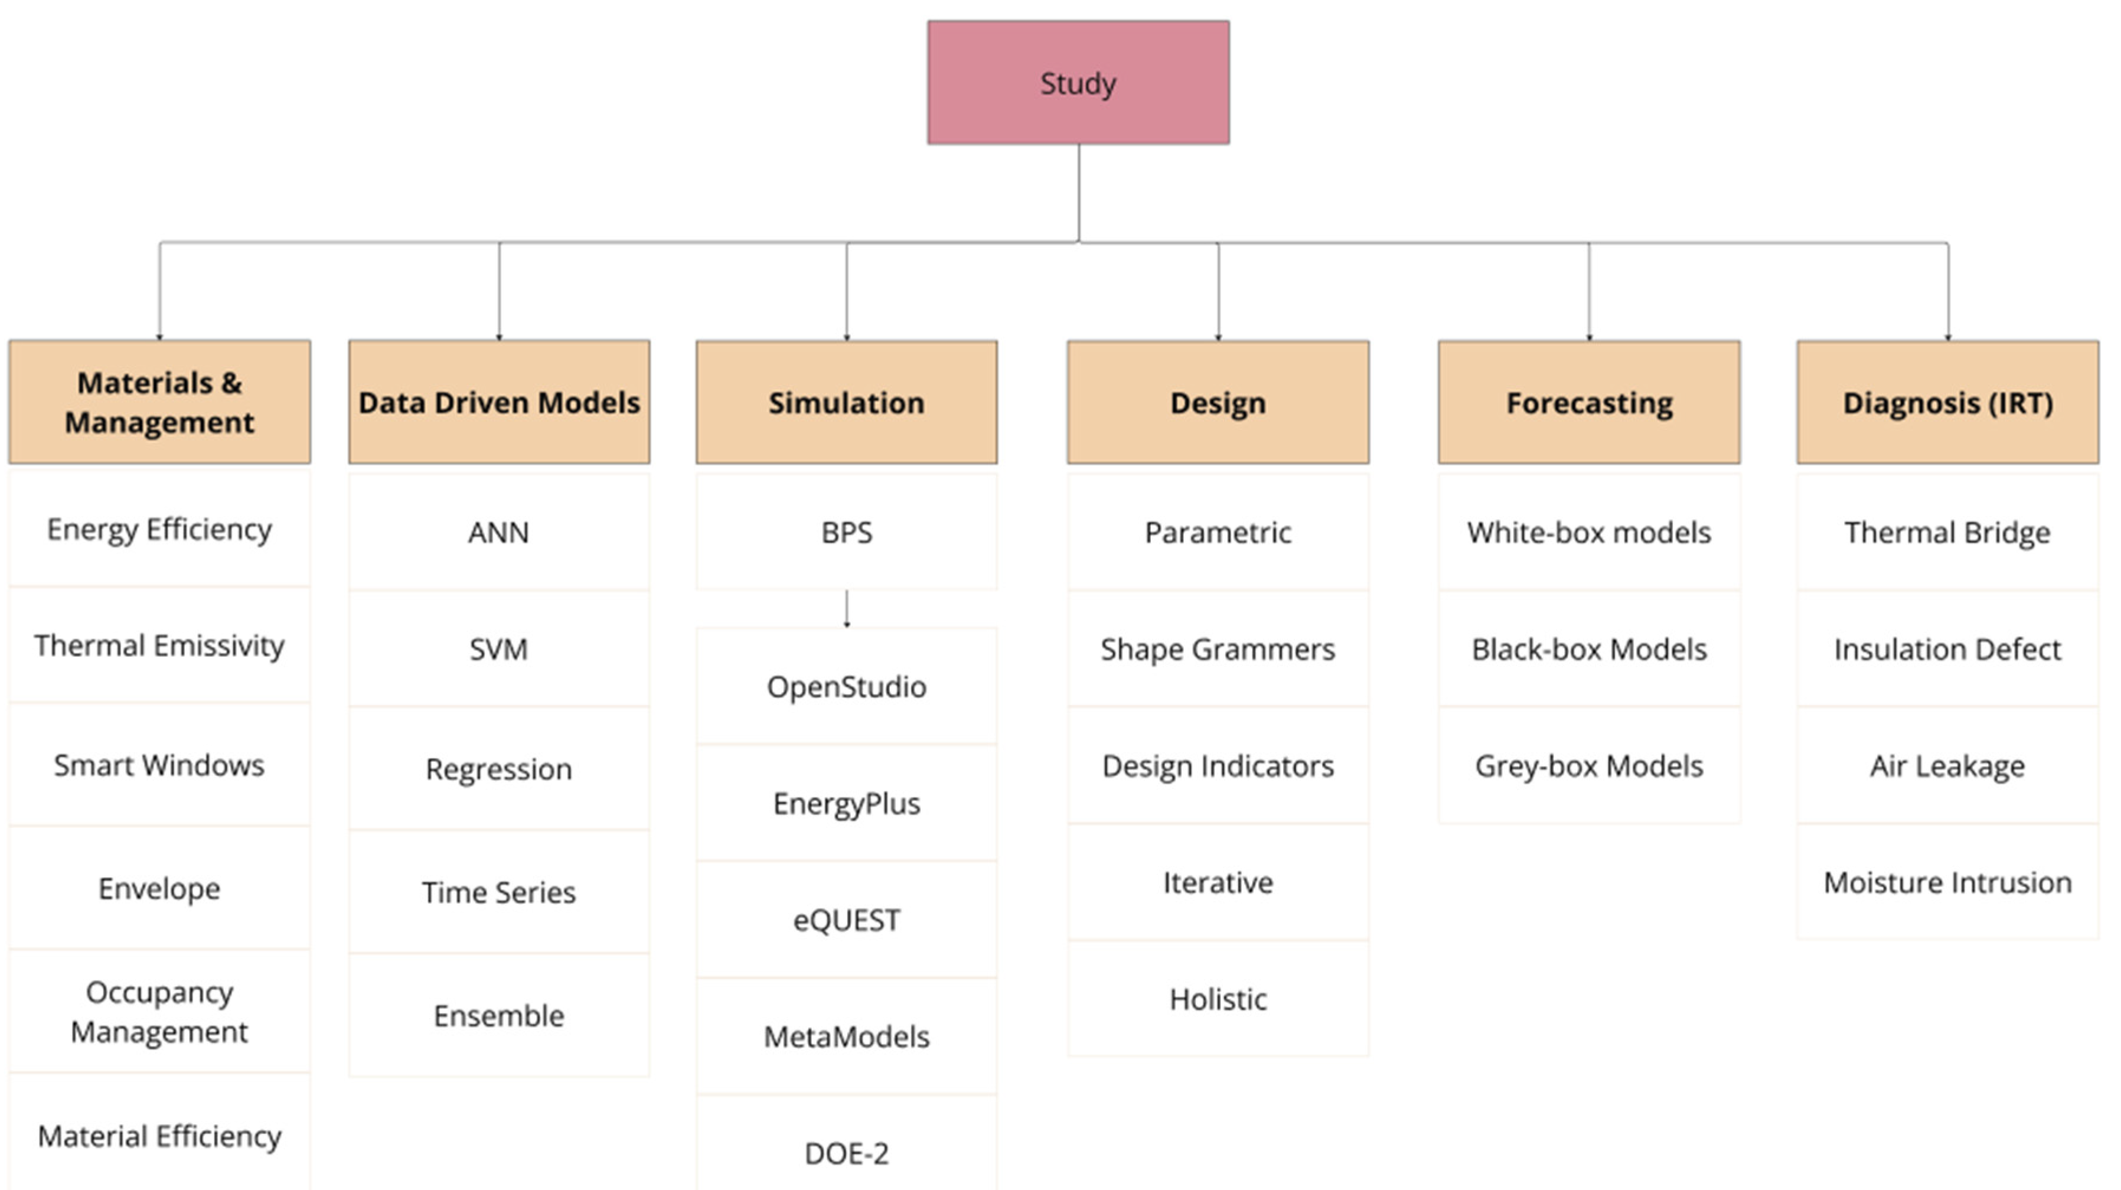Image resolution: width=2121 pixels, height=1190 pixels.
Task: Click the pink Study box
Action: click(1078, 82)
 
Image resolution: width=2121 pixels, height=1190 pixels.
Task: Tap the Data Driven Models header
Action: click(499, 402)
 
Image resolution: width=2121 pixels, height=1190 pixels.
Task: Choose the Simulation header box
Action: click(846, 402)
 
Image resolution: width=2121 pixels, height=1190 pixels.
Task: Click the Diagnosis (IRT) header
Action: click(1947, 402)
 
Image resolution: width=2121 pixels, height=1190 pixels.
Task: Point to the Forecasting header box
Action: click(1588, 402)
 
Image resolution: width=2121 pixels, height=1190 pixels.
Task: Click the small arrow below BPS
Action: click(846, 610)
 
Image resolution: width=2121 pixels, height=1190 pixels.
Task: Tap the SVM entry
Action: click(499, 649)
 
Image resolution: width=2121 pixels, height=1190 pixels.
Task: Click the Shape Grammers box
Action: click(1218, 649)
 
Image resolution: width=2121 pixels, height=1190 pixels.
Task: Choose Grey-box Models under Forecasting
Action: click(1588, 766)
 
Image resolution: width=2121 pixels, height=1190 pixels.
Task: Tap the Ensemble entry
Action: click(499, 1015)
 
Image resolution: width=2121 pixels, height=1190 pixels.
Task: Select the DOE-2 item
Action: click(846, 1153)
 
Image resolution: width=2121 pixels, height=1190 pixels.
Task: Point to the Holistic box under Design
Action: click(1218, 999)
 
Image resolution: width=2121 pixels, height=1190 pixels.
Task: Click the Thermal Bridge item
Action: click(1947, 532)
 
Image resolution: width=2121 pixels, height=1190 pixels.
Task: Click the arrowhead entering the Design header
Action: click(1218, 337)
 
